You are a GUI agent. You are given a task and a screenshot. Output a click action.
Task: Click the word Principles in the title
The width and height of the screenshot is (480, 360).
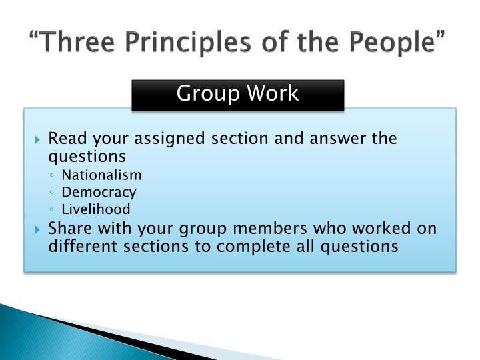(187, 42)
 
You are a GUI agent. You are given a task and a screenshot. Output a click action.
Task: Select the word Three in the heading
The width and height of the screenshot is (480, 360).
(77, 41)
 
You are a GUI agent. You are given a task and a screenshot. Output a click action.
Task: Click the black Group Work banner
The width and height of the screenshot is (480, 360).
(238, 95)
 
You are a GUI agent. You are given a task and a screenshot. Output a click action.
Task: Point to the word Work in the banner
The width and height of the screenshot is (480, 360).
(273, 93)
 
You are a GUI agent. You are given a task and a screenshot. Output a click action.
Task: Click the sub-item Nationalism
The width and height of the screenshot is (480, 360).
(101, 175)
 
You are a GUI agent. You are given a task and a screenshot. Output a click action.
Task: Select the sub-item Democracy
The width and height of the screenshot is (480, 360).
(99, 193)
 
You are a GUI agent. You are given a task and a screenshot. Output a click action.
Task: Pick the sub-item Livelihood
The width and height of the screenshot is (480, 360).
(96, 209)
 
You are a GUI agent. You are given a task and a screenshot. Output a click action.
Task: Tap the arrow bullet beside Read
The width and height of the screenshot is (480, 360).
(37, 139)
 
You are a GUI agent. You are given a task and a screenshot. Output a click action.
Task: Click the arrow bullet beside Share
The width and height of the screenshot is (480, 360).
(37, 229)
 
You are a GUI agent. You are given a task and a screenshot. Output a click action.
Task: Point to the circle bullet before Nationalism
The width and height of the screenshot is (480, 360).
(52, 175)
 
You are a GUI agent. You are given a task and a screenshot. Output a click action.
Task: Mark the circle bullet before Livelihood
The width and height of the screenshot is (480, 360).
(52, 210)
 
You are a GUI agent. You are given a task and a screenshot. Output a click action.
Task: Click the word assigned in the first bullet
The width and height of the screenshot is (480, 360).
(169, 139)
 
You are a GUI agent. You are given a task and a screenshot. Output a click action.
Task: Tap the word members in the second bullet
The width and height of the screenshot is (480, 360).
(270, 229)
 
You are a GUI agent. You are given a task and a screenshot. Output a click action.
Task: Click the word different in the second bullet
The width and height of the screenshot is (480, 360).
(83, 246)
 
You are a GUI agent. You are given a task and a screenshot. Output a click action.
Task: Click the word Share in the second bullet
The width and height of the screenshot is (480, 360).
(70, 229)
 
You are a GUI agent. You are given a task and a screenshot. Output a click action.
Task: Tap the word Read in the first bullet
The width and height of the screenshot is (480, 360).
(67, 138)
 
